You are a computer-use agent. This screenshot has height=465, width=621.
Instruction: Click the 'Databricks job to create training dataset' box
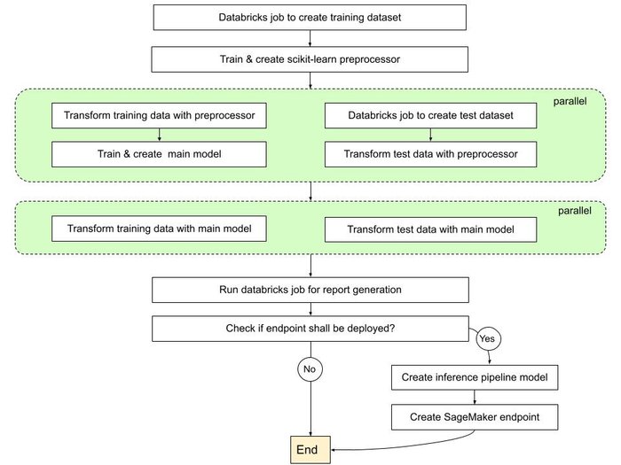point(310,17)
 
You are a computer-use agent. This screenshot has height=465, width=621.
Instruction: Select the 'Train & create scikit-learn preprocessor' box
point(310,59)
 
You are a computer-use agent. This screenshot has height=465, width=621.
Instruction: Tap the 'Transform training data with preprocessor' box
point(160,115)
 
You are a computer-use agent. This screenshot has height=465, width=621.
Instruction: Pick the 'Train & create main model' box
point(160,153)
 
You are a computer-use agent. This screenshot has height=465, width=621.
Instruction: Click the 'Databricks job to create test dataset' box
point(431,115)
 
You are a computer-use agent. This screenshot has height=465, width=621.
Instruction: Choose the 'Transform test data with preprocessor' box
point(431,153)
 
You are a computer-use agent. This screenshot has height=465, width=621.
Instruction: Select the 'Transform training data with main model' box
point(160,229)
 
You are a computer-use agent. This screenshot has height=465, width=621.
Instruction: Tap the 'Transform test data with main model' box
point(431,229)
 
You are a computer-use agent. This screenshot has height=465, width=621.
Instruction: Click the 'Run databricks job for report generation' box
point(310,290)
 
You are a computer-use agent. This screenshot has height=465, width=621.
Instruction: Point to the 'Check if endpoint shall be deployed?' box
point(310,329)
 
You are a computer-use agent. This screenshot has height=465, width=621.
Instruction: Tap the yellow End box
point(307,450)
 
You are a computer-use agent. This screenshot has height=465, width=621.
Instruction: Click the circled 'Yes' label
point(487,338)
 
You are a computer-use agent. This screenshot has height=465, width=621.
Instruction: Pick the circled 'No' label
point(310,368)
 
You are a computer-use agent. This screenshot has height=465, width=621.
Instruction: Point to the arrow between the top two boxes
point(310,38)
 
